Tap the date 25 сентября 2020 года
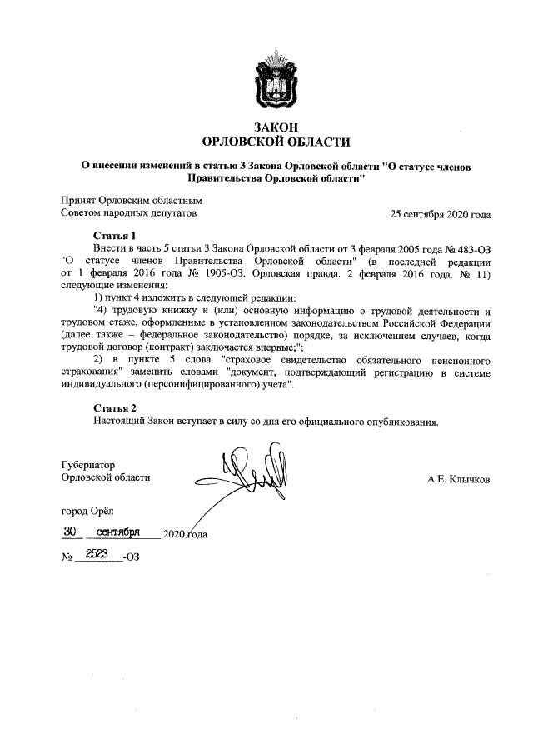click(x=440, y=214)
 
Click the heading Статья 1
click(x=114, y=236)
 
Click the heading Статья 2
click(x=114, y=407)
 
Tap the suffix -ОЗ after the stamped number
click(x=131, y=557)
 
